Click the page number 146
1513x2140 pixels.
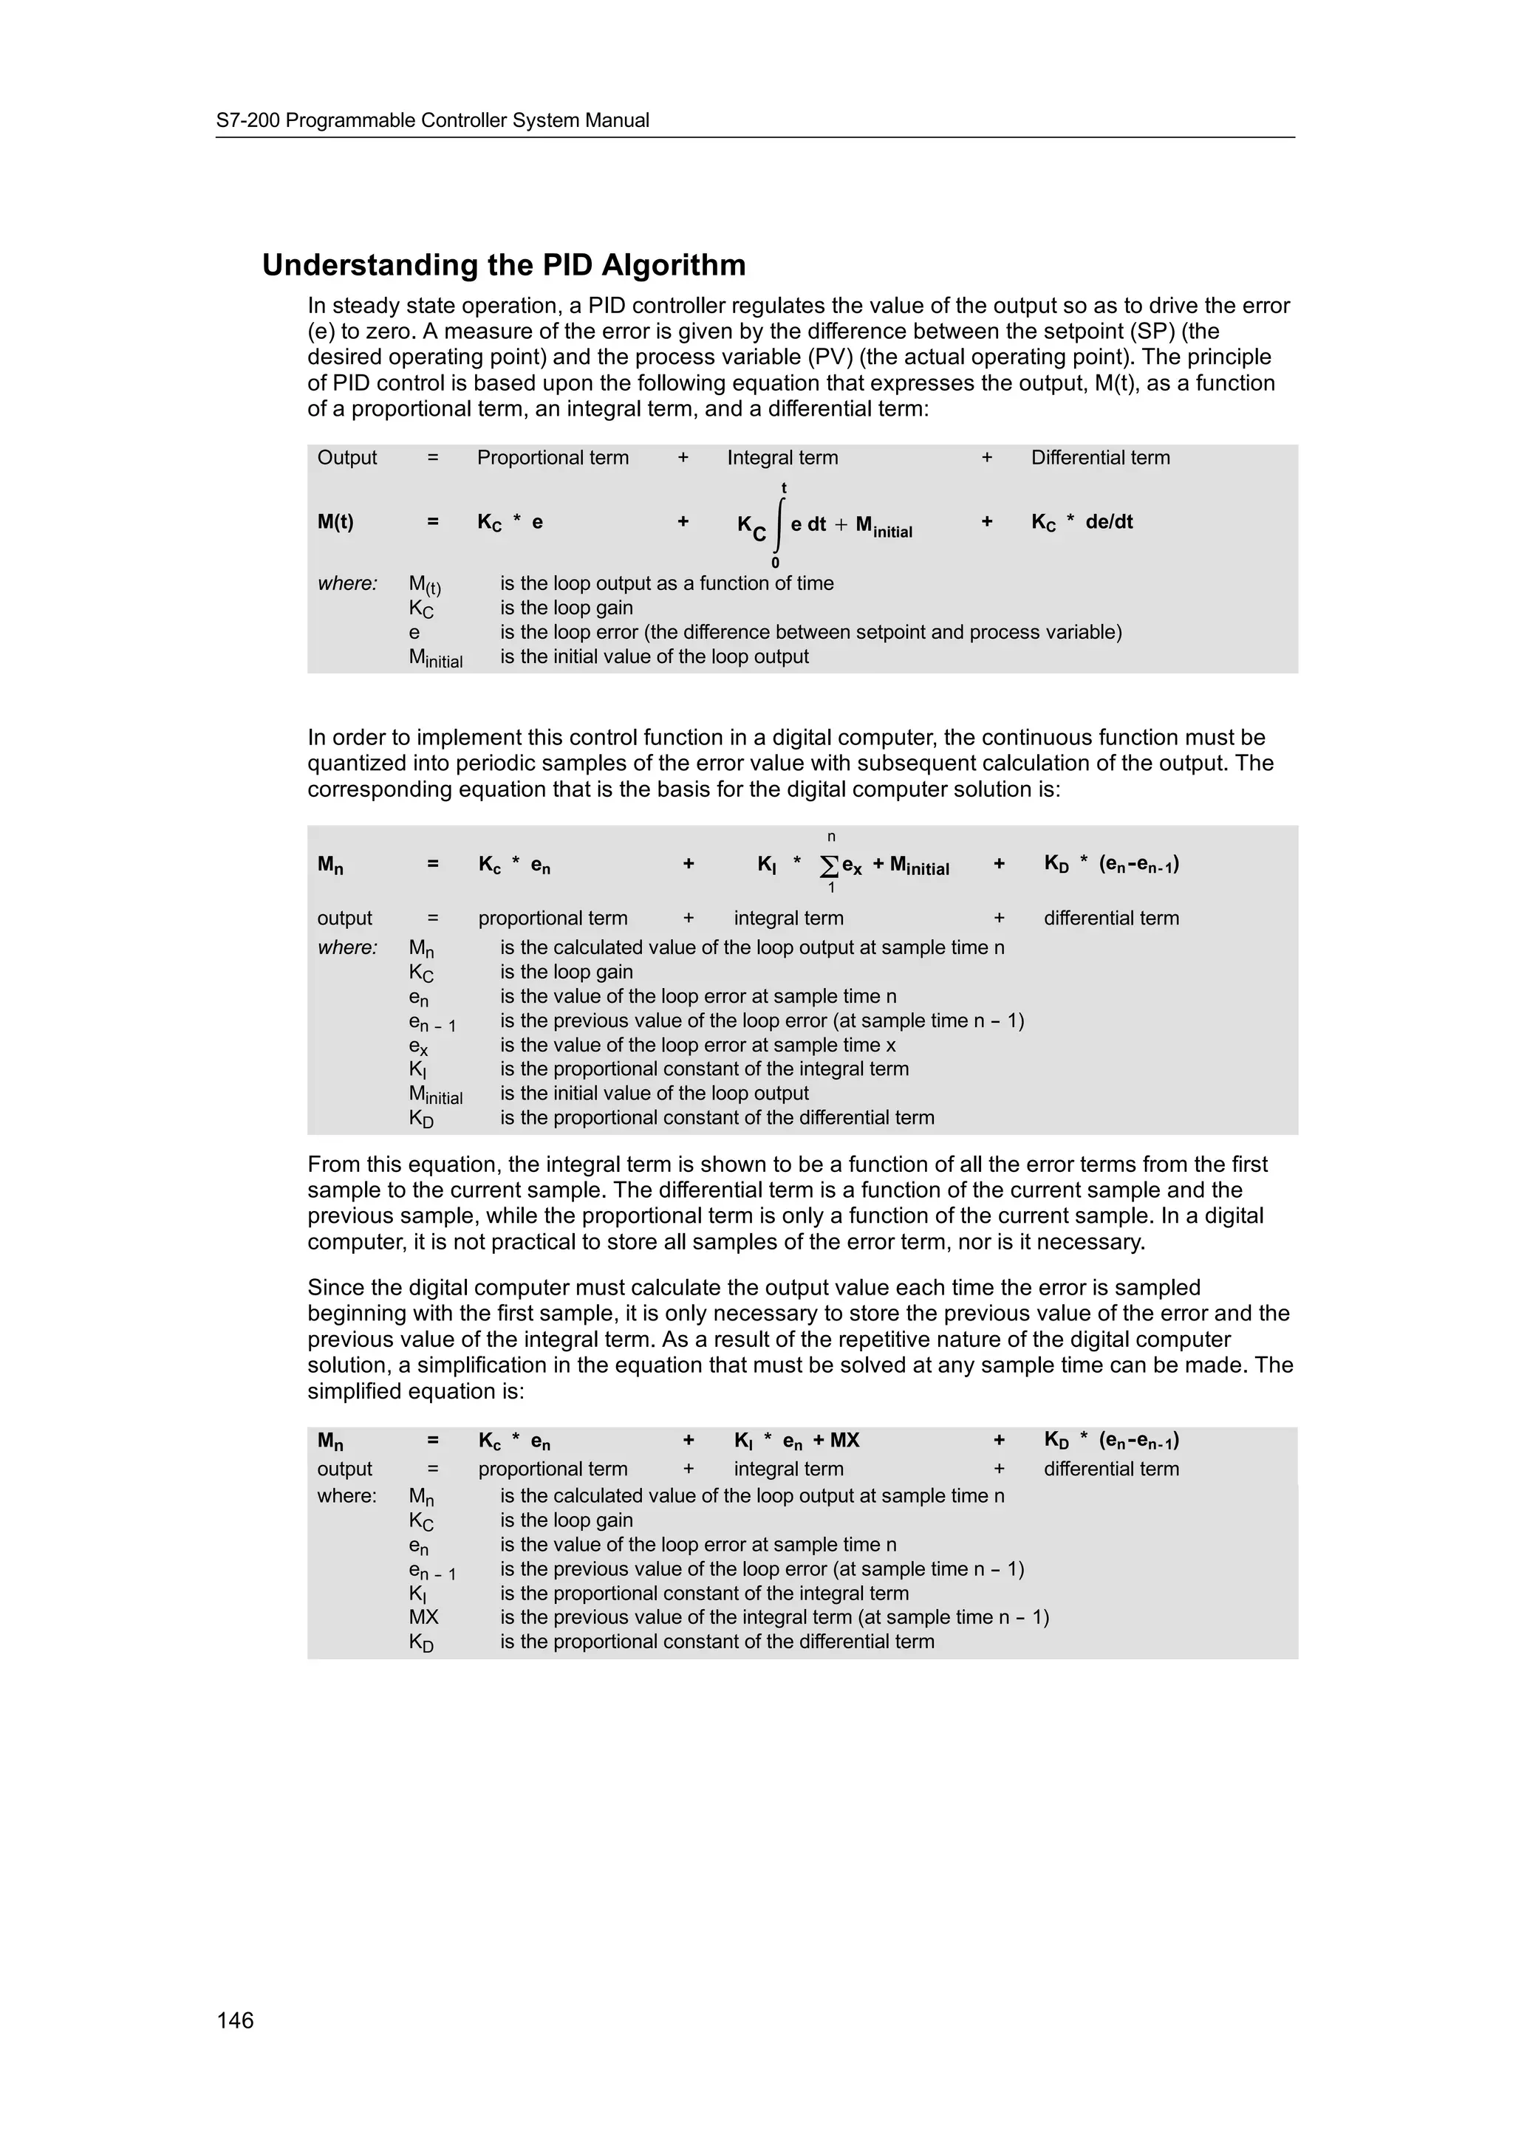click(x=235, y=2020)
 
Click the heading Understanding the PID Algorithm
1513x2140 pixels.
click(x=503, y=266)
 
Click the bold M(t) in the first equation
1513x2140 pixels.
click(x=335, y=522)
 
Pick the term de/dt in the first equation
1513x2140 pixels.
click(x=1110, y=522)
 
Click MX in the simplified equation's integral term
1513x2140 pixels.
click(x=844, y=1441)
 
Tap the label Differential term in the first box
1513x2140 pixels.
click(x=1100, y=458)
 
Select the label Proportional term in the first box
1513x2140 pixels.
click(x=553, y=458)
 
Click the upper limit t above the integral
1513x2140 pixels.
click(x=784, y=488)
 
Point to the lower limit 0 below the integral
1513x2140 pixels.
click(x=776, y=562)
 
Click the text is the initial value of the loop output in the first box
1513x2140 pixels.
click(x=655, y=656)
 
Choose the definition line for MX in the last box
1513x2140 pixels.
click(x=773, y=1617)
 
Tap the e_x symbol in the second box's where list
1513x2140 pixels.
click(x=419, y=1046)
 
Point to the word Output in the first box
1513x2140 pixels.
click(x=346, y=458)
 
